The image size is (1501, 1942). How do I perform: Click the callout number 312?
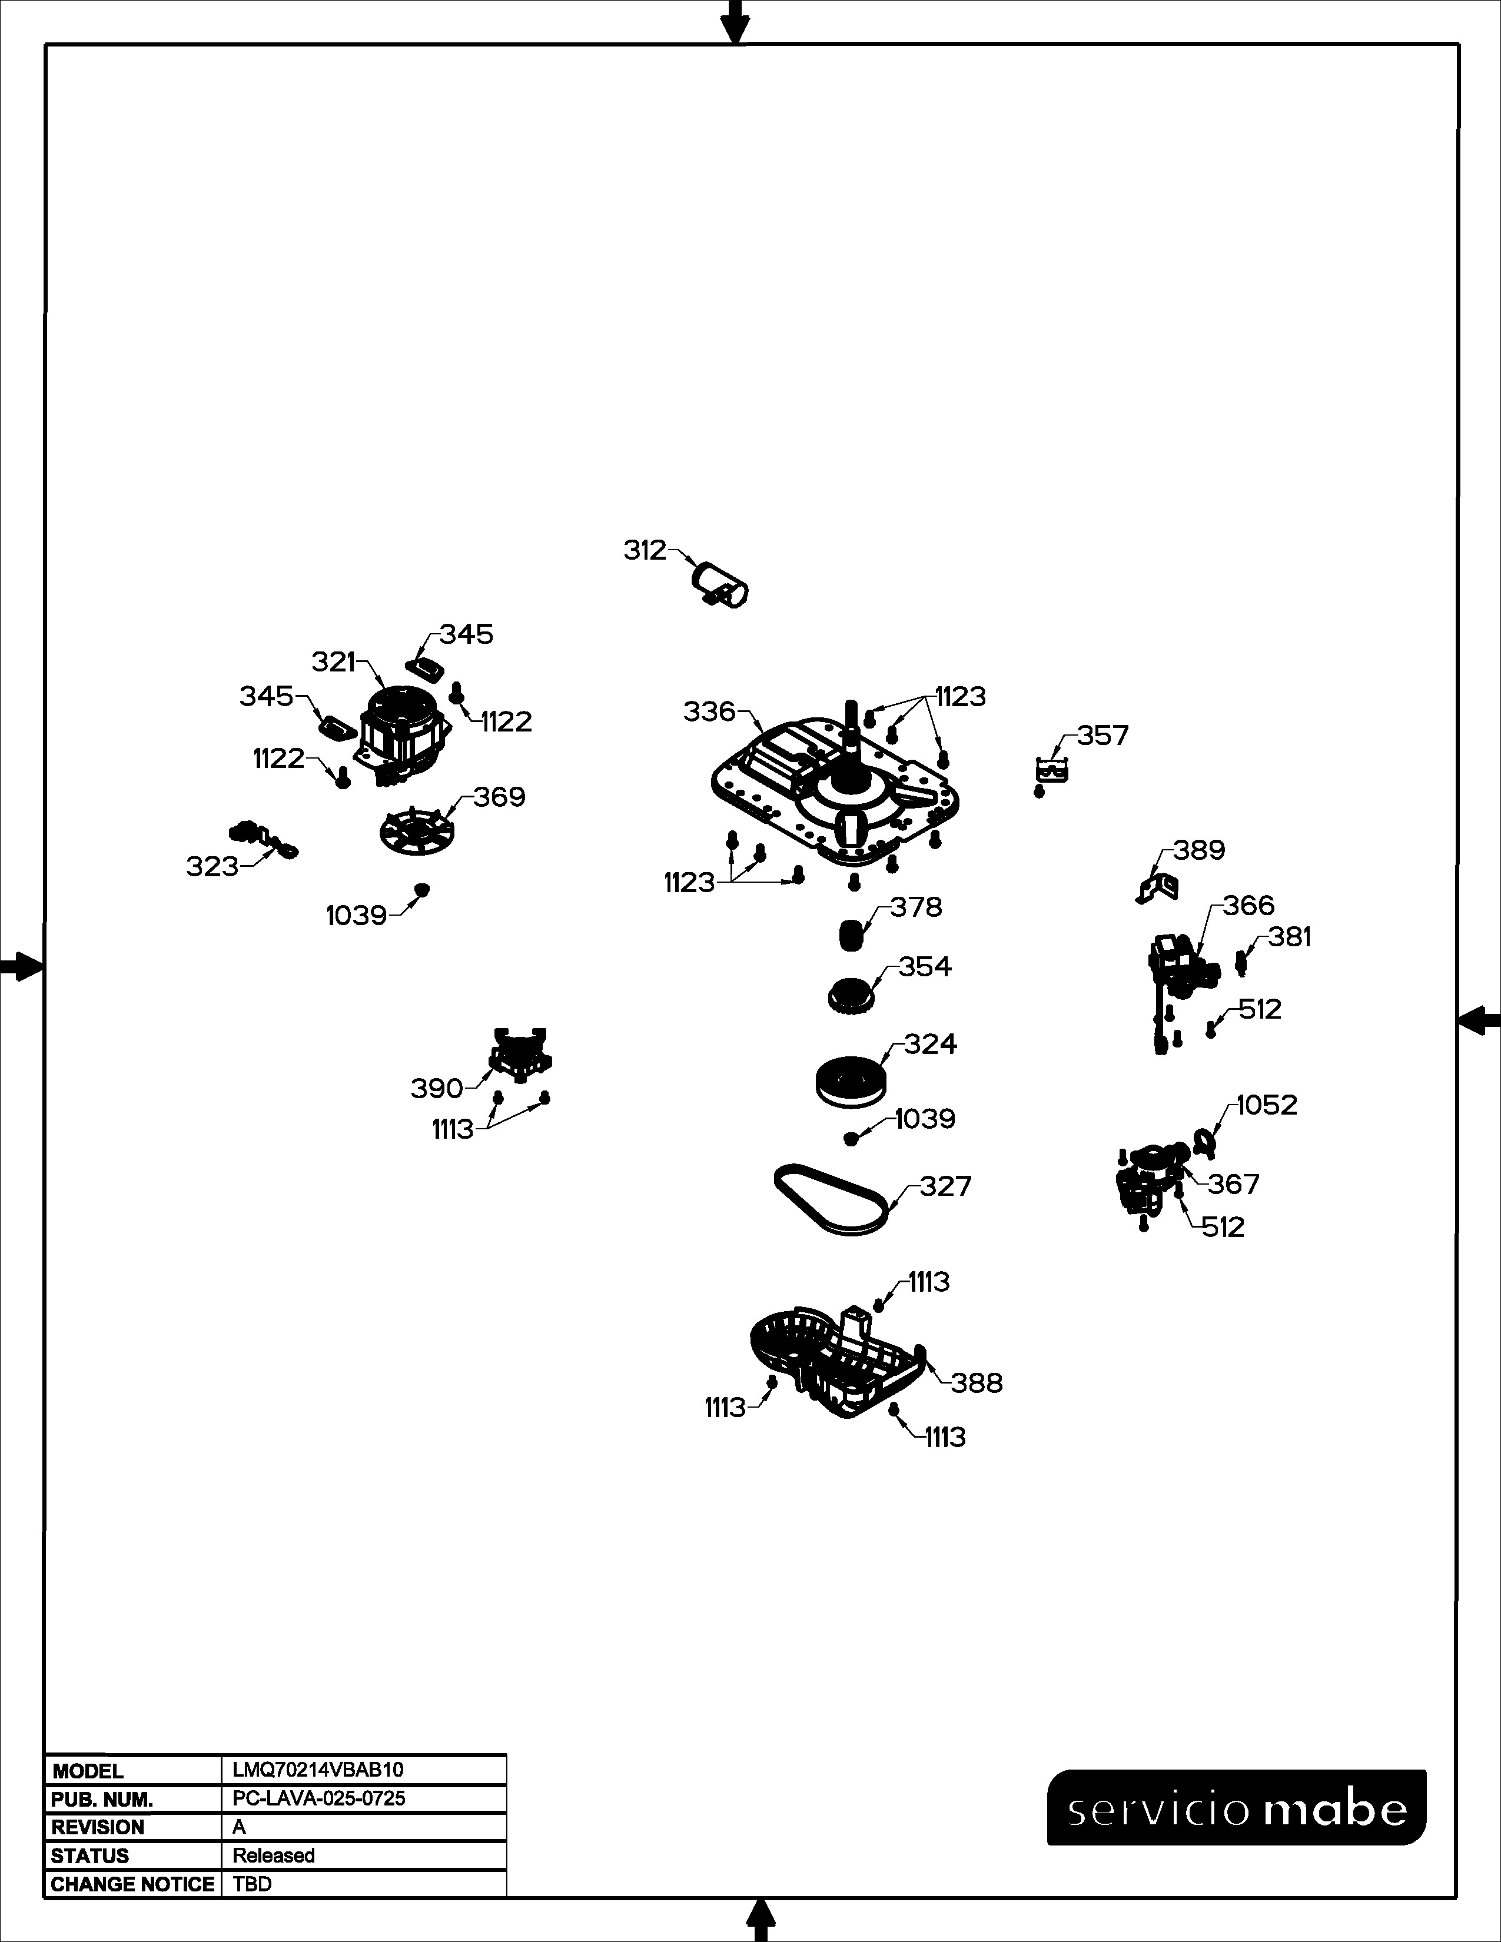point(645,551)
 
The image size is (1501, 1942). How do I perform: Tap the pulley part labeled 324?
point(851,1081)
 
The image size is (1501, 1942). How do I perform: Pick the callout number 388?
point(977,1383)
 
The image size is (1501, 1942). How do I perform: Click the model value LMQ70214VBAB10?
point(317,1770)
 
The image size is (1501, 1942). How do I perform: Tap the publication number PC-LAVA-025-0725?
point(318,1798)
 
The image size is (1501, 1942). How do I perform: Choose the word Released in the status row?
point(274,1855)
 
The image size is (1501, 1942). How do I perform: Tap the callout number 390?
point(437,1088)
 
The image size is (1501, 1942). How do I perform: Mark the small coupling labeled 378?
point(852,936)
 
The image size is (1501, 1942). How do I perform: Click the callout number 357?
point(1102,736)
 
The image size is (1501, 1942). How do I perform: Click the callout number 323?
point(212,866)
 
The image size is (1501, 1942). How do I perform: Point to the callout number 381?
point(1289,937)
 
